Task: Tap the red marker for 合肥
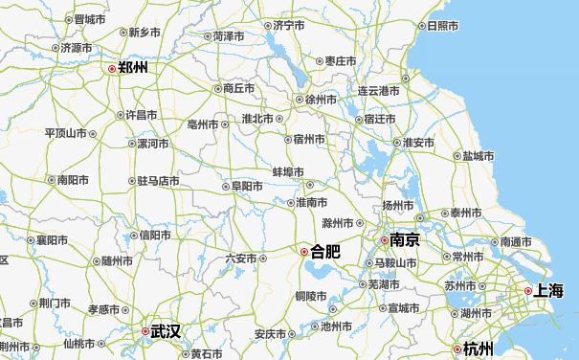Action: tap(304, 252)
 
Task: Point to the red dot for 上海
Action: tap(527, 290)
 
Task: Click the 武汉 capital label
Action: tap(165, 331)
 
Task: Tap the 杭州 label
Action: tap(477, 349)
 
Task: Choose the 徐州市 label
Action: tap(321, 100)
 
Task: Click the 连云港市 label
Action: tap(378, 91)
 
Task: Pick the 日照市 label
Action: tap(442, 26)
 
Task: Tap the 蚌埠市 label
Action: tap(288, 171)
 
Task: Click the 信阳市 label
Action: tap(156, 236)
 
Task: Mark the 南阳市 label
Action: tap(73, 179)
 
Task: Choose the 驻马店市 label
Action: tap(159, 180)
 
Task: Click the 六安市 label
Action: tap(240, 259)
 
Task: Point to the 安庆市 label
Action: tap(270, 334)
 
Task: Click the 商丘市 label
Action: tap(238, 88)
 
